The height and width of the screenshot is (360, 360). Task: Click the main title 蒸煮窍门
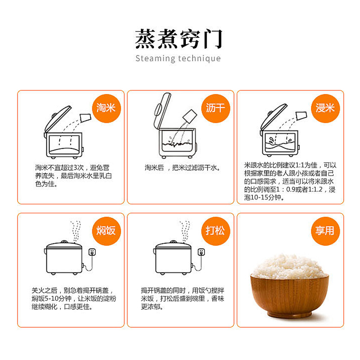[x=178, y=39]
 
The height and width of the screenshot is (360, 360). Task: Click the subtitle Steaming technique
[x=178, y=58]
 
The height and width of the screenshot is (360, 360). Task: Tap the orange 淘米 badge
[x=106, y=108]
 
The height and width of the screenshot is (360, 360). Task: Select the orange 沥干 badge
[x=216, y=108]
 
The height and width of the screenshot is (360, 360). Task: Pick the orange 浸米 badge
[x=325, y=108]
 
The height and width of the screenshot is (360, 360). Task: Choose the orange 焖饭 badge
[x=106, y=231]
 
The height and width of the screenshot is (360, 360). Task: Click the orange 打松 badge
[x=216, y=231]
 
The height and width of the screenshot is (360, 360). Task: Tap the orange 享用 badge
[x=325, y=231]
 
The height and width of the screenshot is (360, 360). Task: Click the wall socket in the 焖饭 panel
[x=92, y=252]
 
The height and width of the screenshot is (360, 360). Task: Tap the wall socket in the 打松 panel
[x=201, y=252]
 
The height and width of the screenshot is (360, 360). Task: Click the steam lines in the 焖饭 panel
[x=76, y=231]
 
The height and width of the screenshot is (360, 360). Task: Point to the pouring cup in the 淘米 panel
[x=85, y=118]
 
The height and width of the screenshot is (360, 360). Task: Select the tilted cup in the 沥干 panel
[x=190, y=116]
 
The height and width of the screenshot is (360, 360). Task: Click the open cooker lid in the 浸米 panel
[x=273, y=118]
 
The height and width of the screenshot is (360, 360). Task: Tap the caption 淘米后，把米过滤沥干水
[x=183, y=168]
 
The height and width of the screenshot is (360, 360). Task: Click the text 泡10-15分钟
[x=264, y=198]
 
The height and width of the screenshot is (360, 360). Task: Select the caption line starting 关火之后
[x=73, y=290]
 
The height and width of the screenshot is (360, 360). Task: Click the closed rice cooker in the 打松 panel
[x=173, y=257]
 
